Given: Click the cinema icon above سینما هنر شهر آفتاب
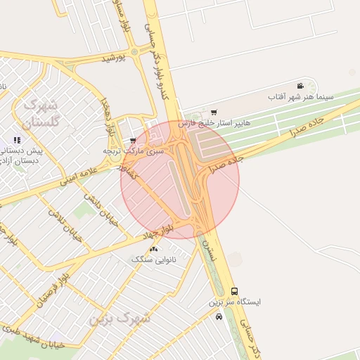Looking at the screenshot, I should tap(301, 86).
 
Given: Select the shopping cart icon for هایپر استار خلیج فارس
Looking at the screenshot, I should tap(214, 112).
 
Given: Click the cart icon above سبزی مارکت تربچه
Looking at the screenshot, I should tap(133, 141).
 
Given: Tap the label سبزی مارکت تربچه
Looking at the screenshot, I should tap(133, 150).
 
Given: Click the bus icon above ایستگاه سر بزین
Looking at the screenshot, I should tap(234, 291).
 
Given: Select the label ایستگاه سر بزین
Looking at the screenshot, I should tap(234, 302).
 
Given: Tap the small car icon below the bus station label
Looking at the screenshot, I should tap(219, 316).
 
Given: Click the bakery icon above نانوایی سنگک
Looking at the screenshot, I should tap(154, 249).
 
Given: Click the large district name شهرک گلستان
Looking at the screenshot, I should tap(39, 113).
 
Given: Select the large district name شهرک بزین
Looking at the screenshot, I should tap(120, 319).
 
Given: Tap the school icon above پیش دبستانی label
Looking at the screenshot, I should tap(17, 140).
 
